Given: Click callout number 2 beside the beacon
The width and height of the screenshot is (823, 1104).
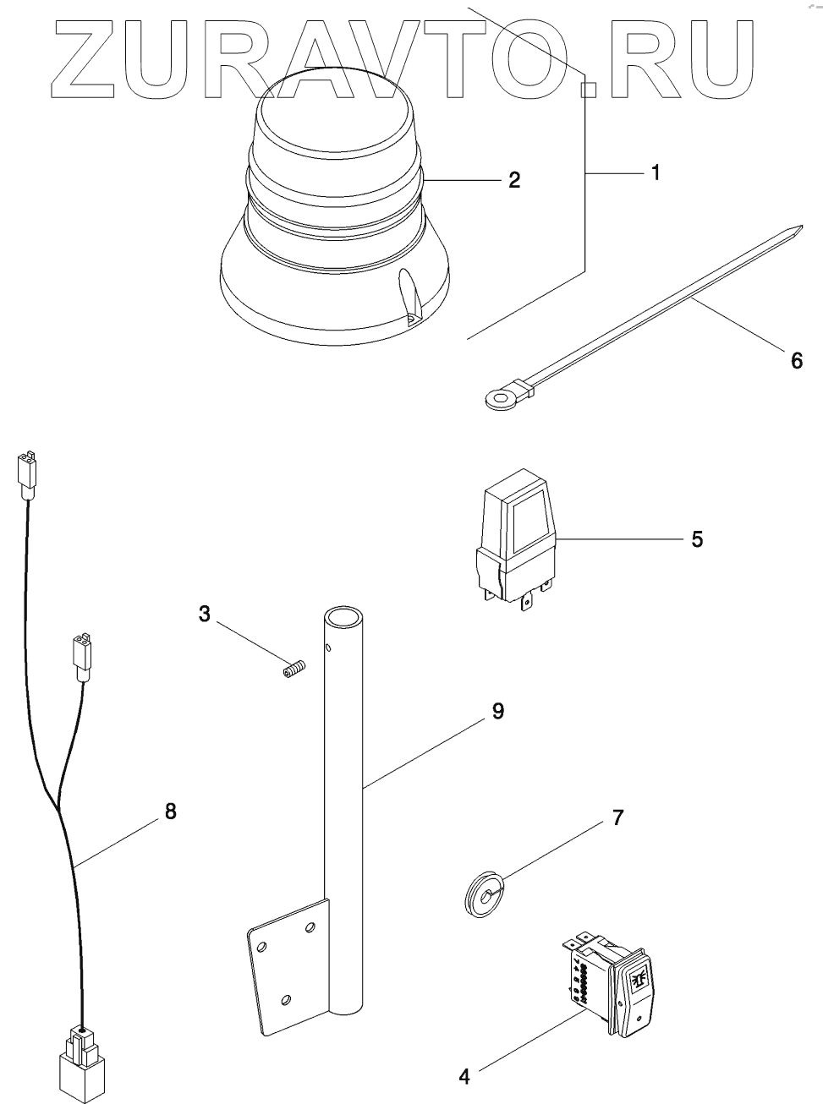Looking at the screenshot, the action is coord(514,180).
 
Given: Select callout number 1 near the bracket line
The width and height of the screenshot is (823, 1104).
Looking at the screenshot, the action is coord(656,172).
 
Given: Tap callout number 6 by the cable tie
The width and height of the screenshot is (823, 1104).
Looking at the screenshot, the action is coord(797,360).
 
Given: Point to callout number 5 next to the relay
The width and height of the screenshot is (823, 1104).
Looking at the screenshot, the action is coord(696,539).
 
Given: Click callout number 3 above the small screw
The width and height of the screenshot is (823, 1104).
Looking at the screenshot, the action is coord(204,614).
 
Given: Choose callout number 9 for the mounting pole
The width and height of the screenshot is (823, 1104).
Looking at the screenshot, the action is coord(497,711).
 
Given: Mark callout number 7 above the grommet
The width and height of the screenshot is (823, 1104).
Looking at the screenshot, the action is coord(617,817).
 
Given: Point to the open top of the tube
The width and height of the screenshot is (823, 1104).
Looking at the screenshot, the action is coord(343,618).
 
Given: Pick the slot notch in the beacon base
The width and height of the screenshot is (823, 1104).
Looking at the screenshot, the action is coord(410,298).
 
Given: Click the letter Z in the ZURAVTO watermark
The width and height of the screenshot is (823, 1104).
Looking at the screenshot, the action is coord(83,59).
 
